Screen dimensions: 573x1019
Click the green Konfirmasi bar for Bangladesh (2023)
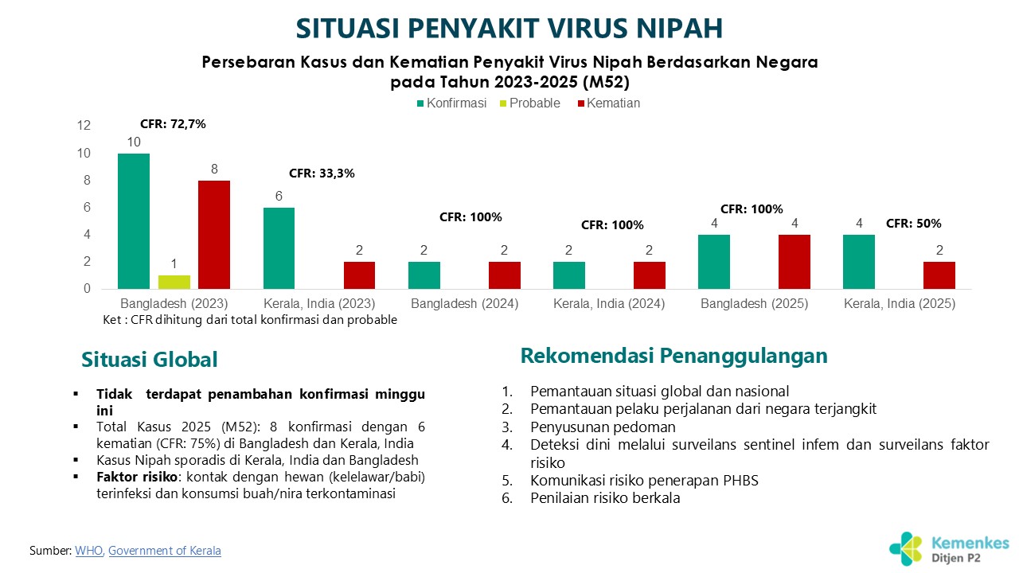(134, 221)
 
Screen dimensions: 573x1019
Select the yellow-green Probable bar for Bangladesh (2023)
(174, 282)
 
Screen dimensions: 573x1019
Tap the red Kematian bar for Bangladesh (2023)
(214, 235)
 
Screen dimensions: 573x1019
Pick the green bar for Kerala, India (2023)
(279, 248)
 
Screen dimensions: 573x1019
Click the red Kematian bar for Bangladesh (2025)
(795, 262)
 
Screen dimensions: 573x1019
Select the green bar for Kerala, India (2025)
(859, 262)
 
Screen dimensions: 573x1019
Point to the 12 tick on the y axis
(84, 126)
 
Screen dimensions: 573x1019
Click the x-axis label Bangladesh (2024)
(465, 304)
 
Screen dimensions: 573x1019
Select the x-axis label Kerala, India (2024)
(609, 304)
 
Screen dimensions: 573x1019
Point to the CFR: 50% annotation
(913, 224)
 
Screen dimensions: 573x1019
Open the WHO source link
(89, 551)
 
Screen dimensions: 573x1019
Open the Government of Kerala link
(165, 551)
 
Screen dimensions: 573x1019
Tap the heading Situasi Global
(150, 360)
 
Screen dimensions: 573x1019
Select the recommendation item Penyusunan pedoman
(603, 427)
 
